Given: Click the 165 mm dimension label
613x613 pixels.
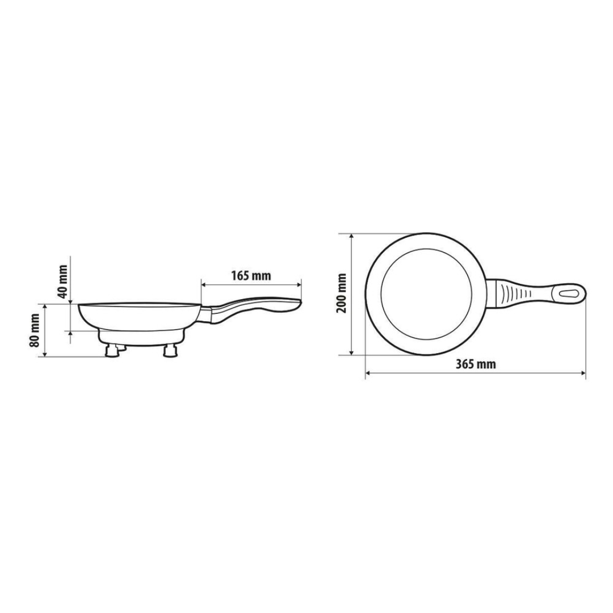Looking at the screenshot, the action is coord(251,276).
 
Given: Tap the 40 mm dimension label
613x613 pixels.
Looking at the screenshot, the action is coord(62,282).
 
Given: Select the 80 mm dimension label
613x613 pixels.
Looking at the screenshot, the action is coord(35,330).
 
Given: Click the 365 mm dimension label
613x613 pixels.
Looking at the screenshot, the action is coord(476,364).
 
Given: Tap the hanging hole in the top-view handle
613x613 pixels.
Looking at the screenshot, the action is coord(569,295).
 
